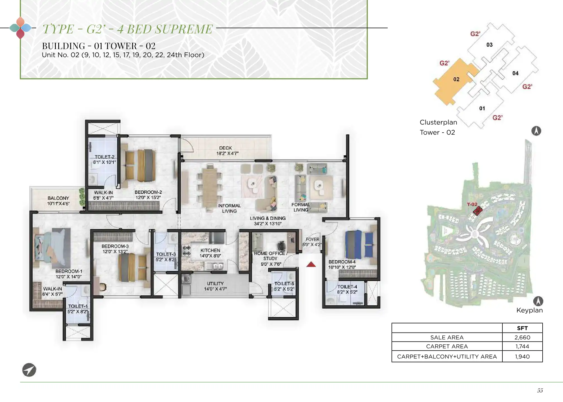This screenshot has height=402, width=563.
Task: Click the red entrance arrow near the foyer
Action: tap(311, 264)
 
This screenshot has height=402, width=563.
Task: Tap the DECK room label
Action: tap(225, 148)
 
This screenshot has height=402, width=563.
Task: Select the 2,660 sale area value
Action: tap(522, 337)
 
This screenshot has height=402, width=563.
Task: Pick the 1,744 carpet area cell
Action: tap(522, 346)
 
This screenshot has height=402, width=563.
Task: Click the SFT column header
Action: tap(522, 328)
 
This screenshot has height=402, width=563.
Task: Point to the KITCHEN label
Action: tap(210, 250)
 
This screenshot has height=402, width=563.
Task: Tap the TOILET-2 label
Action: tap(104, 157)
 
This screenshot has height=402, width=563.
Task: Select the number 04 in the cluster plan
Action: tap(515, 73)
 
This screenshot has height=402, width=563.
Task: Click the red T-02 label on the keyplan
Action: tap(472, 204)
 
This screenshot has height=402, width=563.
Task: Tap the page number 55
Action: tap(540, 390)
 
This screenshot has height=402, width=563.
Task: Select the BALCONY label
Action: tap(58, 198)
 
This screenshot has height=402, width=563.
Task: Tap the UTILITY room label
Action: tap(215, 284)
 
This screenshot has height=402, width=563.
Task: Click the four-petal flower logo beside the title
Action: tap(20, 28)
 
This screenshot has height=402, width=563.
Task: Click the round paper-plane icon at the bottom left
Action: tap(29, 370)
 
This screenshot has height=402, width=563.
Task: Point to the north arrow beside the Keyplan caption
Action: tap(538, 301)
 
